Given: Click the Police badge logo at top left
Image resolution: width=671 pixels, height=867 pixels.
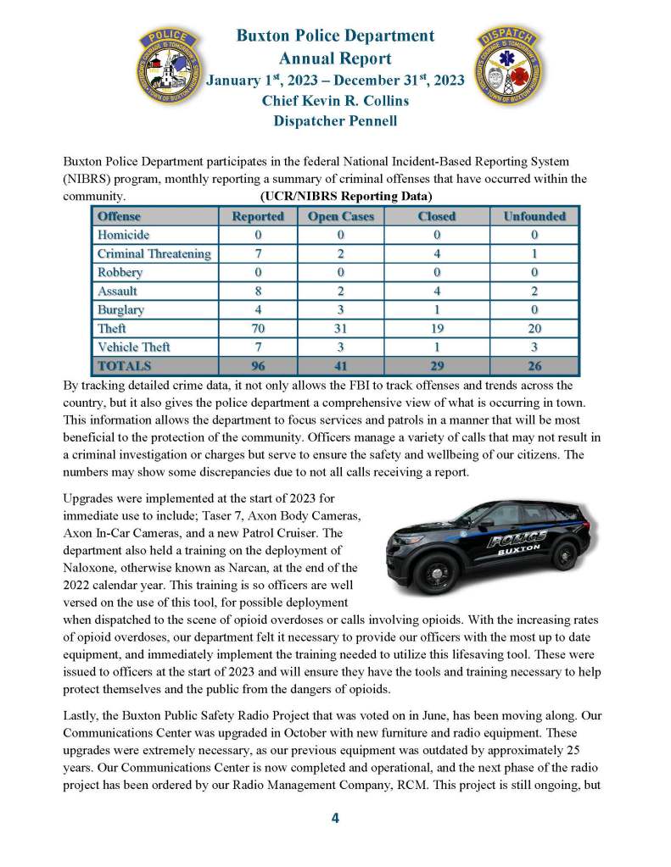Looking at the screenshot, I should [170, 67].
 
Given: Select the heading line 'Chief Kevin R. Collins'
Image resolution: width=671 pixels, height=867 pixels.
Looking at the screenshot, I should [335, 101].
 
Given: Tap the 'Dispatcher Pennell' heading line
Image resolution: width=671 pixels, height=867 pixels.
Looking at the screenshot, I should [335, 121].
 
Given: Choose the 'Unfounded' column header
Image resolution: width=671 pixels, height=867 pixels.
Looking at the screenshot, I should [534, 216].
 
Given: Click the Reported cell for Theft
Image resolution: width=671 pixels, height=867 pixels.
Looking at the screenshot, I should [257, 328].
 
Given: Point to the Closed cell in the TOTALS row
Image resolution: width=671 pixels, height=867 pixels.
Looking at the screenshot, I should [437, 366].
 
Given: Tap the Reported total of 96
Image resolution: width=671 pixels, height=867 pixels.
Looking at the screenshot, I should [257, 366].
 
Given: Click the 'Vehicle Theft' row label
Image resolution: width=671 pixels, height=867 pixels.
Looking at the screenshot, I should [133, 347].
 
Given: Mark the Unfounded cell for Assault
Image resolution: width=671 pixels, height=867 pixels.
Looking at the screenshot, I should [534, 291].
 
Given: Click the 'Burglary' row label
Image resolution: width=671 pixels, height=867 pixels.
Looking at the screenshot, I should [120, 309].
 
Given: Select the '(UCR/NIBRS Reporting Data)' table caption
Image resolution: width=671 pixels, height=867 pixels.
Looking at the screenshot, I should [335, 197].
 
